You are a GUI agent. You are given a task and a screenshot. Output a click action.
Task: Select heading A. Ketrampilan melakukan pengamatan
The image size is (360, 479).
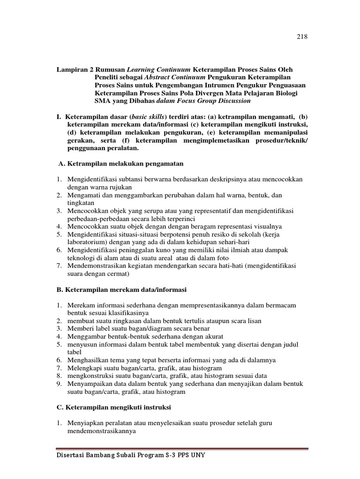(120, 163)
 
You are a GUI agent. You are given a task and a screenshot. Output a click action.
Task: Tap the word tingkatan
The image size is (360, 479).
(81, 203)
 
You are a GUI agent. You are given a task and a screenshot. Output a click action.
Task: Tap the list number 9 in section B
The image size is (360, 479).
(60, 384)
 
